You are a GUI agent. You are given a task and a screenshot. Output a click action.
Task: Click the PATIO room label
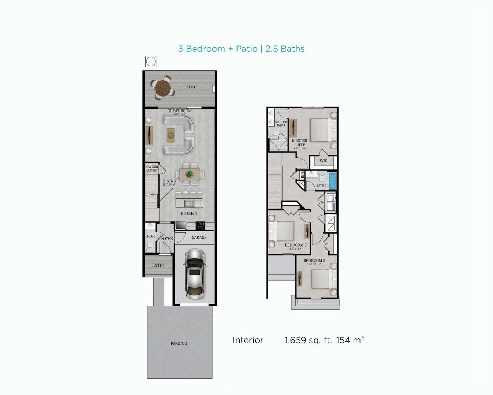coord(189,87)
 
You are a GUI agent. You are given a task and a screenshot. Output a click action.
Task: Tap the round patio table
coord(163,88)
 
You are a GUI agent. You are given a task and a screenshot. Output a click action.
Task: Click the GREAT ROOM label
coord(179,111)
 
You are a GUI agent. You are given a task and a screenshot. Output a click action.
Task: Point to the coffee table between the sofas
coord(171,135)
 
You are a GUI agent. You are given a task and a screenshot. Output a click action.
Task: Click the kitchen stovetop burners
coord(201,226)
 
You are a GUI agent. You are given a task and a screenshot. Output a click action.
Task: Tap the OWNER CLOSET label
coord(152,169)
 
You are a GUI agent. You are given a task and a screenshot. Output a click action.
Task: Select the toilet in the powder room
coord(150,247)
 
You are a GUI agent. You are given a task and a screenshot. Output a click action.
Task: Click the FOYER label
coord(167,238)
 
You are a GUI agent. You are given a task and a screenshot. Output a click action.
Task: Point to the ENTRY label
coord(158,265)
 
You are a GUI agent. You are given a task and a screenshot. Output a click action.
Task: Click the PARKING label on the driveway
coord(179,343)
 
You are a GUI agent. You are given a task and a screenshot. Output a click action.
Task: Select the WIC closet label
coord(323,161)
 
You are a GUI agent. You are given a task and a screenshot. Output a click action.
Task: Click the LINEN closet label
coord(302,175)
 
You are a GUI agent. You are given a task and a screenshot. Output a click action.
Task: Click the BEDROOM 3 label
coord(296,245)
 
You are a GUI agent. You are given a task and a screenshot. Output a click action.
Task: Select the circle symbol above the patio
coord(151,61)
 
